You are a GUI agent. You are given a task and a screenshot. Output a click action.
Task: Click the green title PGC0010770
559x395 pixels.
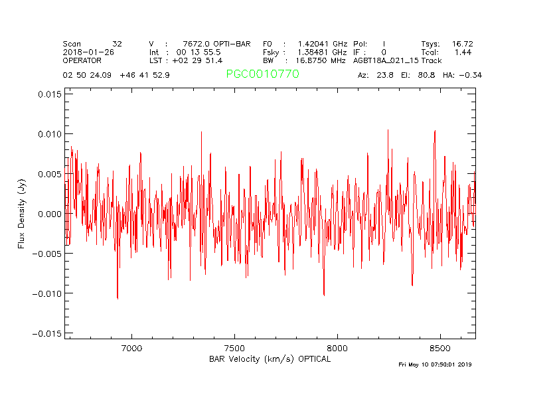pos(262,74)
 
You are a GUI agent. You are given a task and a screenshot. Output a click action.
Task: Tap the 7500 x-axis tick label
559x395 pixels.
pos(235,348)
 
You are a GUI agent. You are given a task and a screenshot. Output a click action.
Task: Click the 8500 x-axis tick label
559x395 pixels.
pos(440,348)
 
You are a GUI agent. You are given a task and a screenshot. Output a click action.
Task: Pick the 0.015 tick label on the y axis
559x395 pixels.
pos(49,94)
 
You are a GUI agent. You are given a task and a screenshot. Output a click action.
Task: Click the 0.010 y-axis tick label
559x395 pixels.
pos(49,134)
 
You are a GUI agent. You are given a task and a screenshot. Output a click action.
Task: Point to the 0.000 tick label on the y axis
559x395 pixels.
pos(49,214)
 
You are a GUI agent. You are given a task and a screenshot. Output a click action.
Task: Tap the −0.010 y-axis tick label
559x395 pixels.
pos(46,293)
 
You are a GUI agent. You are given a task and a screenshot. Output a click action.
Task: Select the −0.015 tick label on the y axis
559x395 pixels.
pos(46,333)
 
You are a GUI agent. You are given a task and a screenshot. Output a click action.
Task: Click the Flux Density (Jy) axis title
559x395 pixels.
pos(22,214)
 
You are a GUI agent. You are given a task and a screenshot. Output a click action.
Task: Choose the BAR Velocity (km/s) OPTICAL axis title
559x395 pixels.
pos(270,359)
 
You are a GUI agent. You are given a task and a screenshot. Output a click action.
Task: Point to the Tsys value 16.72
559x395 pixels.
pos(462,44)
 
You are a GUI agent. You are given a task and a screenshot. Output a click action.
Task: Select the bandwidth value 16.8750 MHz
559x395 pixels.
pos(321,60)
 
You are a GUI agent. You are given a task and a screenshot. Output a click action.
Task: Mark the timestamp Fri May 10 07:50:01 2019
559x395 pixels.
pos(435,364)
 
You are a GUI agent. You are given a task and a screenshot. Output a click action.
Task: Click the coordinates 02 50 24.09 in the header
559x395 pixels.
pos(88,75)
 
